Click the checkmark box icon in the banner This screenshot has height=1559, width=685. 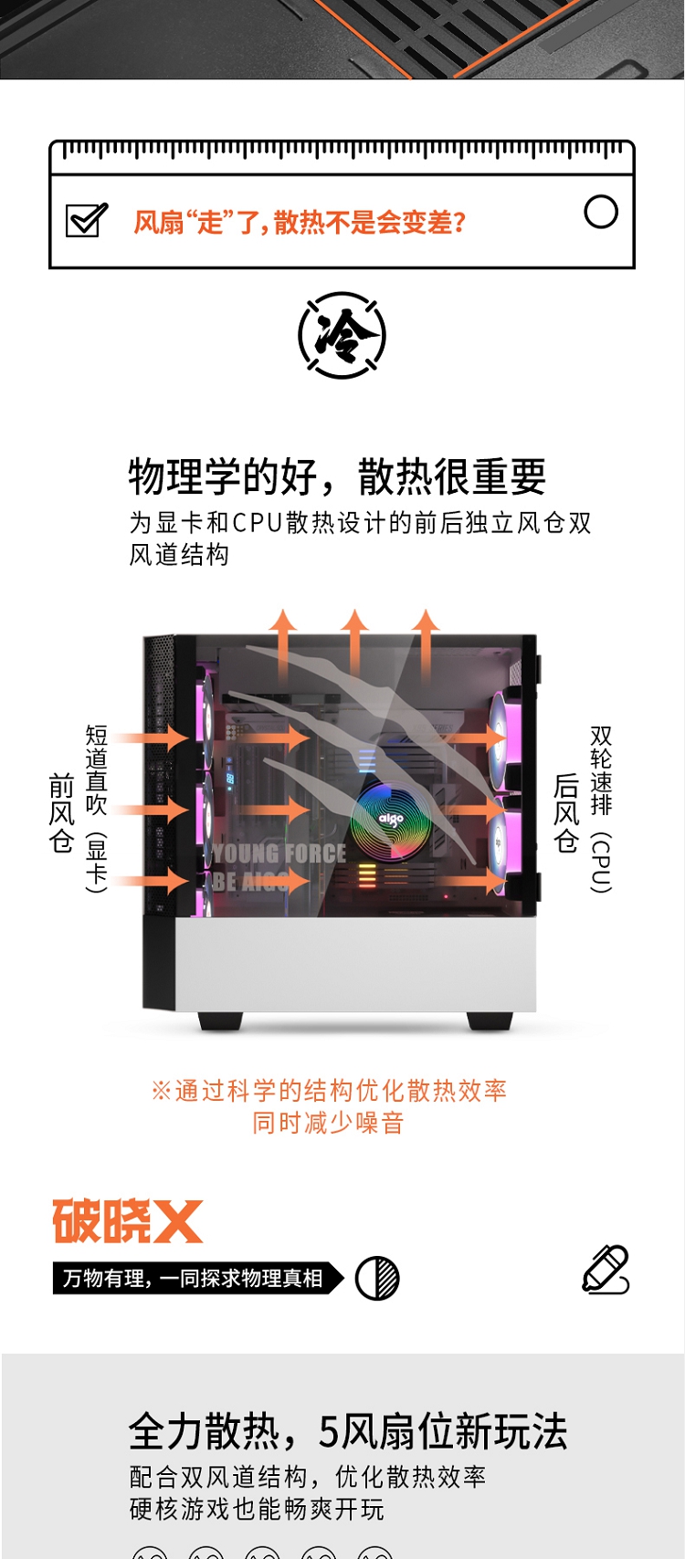pos(87,220)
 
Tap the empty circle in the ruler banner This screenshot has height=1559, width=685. pos(601,212)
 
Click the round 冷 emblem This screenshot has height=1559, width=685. pos(342,336)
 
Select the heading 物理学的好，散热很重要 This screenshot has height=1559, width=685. pos(337,476)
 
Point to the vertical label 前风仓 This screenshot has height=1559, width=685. pos(61,812)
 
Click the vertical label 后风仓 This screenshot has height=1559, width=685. pos(566,812)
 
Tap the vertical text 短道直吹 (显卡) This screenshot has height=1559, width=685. pos(96,808)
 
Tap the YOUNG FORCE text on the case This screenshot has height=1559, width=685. pos(279,853)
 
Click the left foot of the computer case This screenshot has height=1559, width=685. pos(220,1021)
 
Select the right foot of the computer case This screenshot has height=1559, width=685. pos(490,1021)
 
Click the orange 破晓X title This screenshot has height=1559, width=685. pos(127,1221)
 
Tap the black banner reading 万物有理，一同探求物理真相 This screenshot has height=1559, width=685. pos(198,1278)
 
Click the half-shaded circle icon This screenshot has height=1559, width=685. pos(377,1279)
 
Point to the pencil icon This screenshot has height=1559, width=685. pos(606,1271)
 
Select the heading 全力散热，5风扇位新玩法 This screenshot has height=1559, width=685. pos(348,1431)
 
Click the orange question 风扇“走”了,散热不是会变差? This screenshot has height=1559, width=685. pos(300,222)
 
